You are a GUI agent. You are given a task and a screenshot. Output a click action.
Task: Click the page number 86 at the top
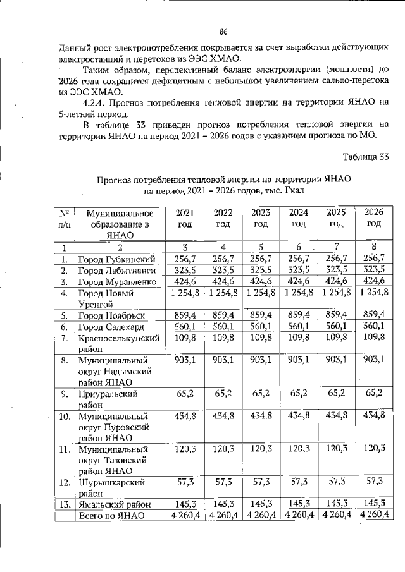click(223, 32)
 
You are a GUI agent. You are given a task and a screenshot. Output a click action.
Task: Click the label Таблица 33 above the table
click(365, 157)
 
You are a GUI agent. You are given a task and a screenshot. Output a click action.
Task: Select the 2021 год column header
click(185, 219)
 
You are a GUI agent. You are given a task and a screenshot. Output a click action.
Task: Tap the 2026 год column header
click(374, 219)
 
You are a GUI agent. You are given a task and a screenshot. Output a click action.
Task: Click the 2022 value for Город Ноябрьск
click(223, 315)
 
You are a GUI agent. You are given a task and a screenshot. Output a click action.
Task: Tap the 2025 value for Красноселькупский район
click(336, 338)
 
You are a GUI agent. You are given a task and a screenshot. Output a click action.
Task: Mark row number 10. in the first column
click(65, 416)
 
